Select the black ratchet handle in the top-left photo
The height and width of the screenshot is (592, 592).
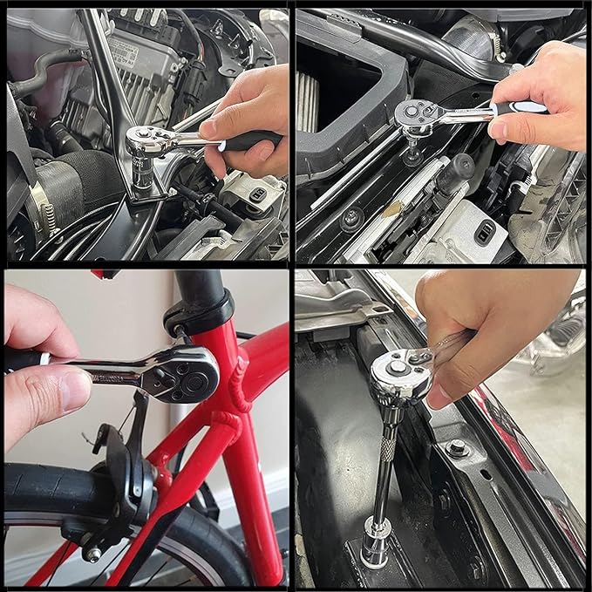coord(248,139)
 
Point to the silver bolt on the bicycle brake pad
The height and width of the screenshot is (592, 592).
coord(92,553)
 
